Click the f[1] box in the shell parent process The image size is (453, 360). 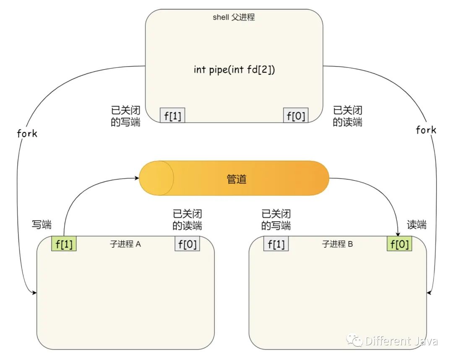click(x=172, y=115)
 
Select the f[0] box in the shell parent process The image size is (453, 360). click(x=296, y=115)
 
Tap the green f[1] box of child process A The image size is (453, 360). click(x=64, y=244)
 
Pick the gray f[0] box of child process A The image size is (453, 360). click(x=187, y=244)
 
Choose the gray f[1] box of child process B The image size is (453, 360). click(x=276, y=244)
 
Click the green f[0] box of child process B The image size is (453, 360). click(x=399, y=244)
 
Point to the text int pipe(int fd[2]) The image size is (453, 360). click(x=234, y=70)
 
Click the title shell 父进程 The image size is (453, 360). click(x=234, y=18)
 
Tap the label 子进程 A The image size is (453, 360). click(x=125, y=244)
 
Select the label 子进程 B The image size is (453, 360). click(x=338, y=244)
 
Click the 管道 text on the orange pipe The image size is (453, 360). click(x=236, y=179)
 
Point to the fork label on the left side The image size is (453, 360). click(x=27, y=134)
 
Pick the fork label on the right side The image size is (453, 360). click(x=426, y=130)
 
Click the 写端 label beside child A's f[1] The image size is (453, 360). click(x=42, y=225)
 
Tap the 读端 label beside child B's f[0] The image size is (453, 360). click(x=417, y=225)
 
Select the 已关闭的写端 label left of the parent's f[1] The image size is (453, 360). click(x=125, y=117)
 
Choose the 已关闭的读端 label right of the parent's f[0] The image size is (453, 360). click(x=348, y=117)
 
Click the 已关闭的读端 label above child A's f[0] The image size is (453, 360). click(x=187, y=220)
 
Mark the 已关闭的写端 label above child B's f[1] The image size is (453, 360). click(x=276, y=220)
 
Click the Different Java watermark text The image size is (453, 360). click(x=401, y=341)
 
